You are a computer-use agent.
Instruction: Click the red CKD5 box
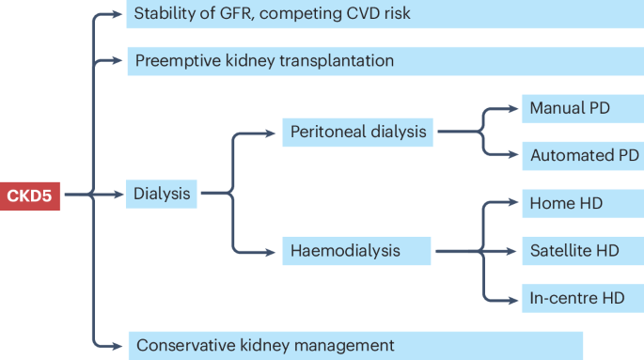(30, 196)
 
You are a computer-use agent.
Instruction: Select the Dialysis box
(162, 196)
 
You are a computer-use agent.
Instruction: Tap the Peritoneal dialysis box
(358, 133)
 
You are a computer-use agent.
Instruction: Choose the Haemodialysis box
(356, 252)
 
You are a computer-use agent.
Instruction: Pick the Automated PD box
(582, 155)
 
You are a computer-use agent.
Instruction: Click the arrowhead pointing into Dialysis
(118, 196)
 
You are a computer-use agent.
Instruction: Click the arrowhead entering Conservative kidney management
(118, 345)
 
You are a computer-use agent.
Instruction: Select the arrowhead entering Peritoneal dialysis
(275, 133)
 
